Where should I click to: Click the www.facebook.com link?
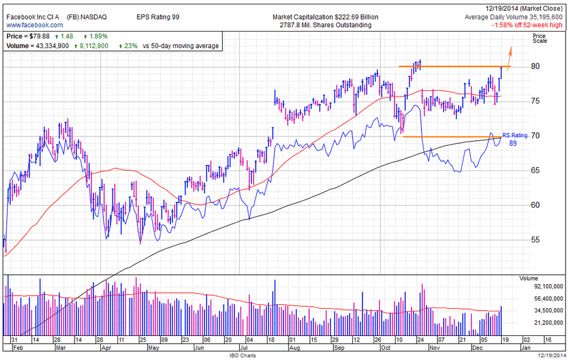click(35, 25)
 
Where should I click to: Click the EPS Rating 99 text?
click(158, 16)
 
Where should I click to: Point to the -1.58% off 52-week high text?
click(528, 25)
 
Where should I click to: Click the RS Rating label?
click(514, 135)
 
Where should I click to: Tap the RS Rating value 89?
click(514, 143)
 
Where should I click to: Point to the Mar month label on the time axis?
click(62, 347)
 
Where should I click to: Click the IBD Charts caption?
click(243, 356)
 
